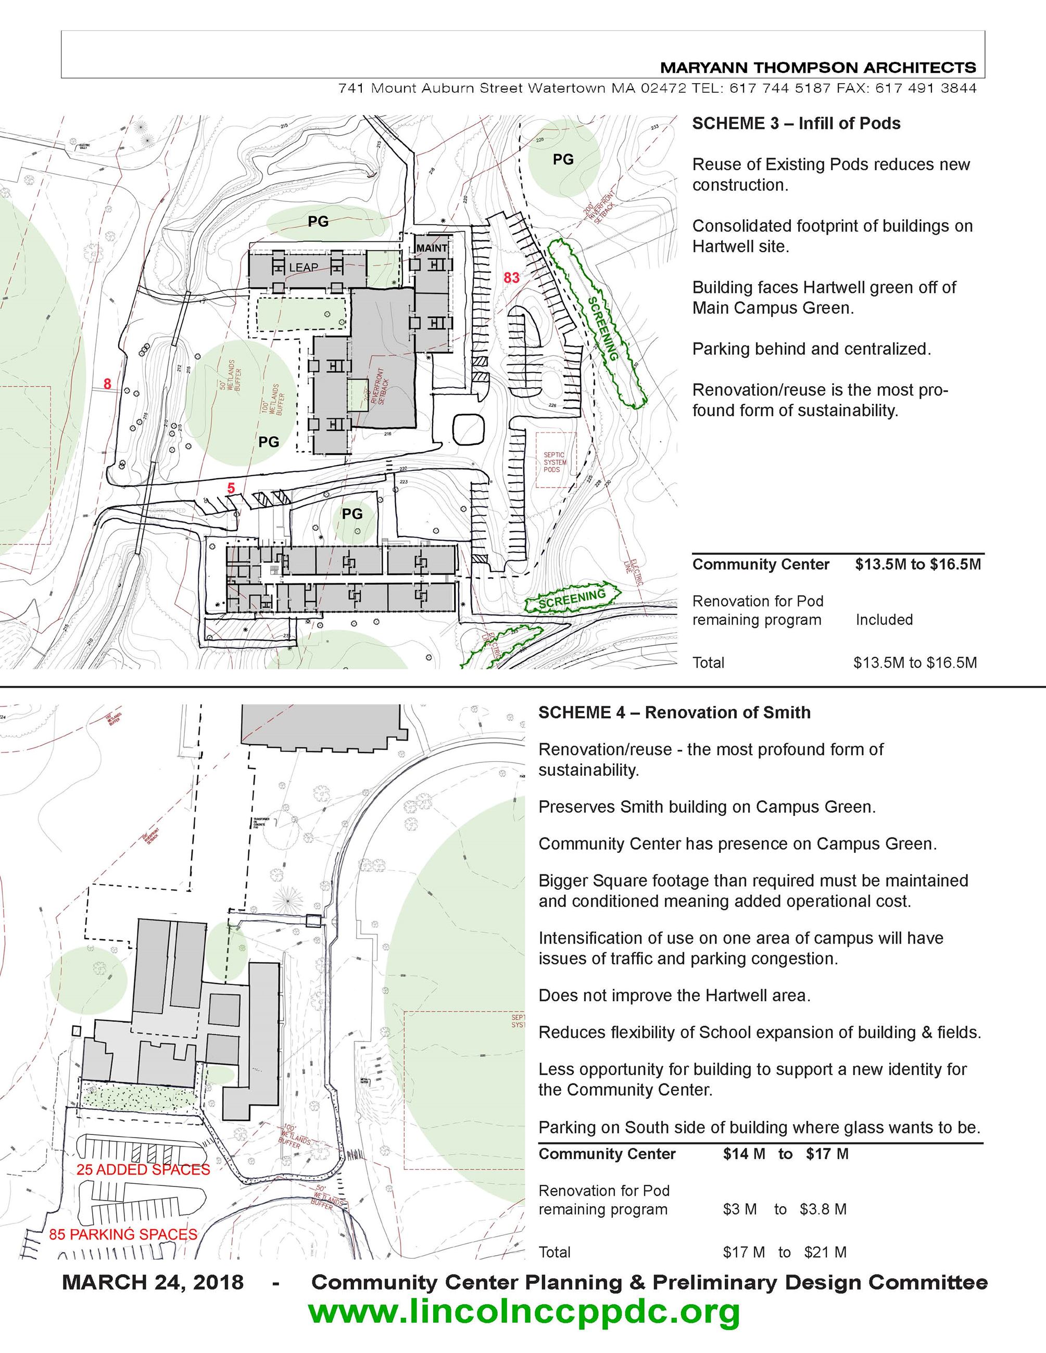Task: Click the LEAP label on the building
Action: (303, 267)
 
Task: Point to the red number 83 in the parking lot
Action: (511, 277)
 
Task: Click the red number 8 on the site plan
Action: (107, 384)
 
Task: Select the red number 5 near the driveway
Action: (231, 488)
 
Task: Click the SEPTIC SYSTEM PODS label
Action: (554, 462)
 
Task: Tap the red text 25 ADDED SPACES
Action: (143, 1170)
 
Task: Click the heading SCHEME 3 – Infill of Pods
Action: (796, 123)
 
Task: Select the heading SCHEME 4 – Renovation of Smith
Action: (674, 712)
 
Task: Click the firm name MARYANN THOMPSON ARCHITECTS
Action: (818, 68)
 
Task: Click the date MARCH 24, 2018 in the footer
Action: (153, 1282)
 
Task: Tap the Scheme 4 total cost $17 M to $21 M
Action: (784, 1252)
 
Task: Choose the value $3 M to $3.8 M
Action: (784, 1209)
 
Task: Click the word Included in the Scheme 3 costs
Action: (884, 619)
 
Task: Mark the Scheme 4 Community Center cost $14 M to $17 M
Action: (785, 1154)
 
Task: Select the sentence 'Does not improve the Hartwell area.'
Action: (674, 995)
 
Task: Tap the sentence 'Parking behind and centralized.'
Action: (811, 349)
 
